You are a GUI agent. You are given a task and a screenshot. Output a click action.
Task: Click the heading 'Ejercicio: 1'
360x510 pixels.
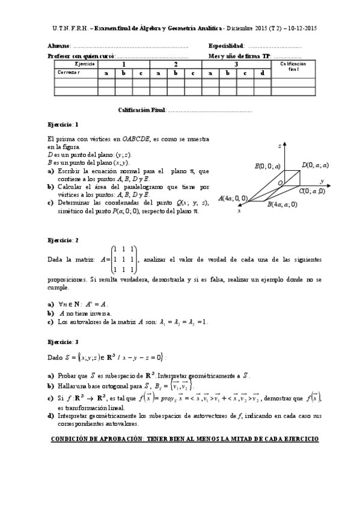pyautogui.click(x=63, y=124)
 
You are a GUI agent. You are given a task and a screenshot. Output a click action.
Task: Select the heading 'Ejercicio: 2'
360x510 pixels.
pyautogui.click(x=63, y=240)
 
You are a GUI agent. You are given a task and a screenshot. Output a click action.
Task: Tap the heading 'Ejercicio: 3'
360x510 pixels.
pyautogui.click(x=63, y=341)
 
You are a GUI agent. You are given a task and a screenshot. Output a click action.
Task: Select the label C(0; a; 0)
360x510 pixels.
pyautogui.click(x=311, y=191)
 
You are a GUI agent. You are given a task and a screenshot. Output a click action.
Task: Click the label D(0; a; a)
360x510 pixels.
pyautogui.click(x=314, y=164)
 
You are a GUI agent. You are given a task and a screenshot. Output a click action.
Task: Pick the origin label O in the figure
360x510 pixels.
pyautogui.click(x=279, y=182)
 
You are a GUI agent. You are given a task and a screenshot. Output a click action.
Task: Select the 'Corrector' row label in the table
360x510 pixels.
pyautogui.click(x=69, y=73)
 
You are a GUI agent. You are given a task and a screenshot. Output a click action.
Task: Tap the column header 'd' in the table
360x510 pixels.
pyautogui.click(x=263, y=73)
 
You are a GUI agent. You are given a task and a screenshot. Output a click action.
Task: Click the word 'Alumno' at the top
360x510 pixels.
pyautogui.click(x=58, y=46)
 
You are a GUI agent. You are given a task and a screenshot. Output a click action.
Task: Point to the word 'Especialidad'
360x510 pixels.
pyautogui.click(x=226, y=46)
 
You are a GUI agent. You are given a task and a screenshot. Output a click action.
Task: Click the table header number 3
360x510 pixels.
pyautogui.click(x=236, y=63)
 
